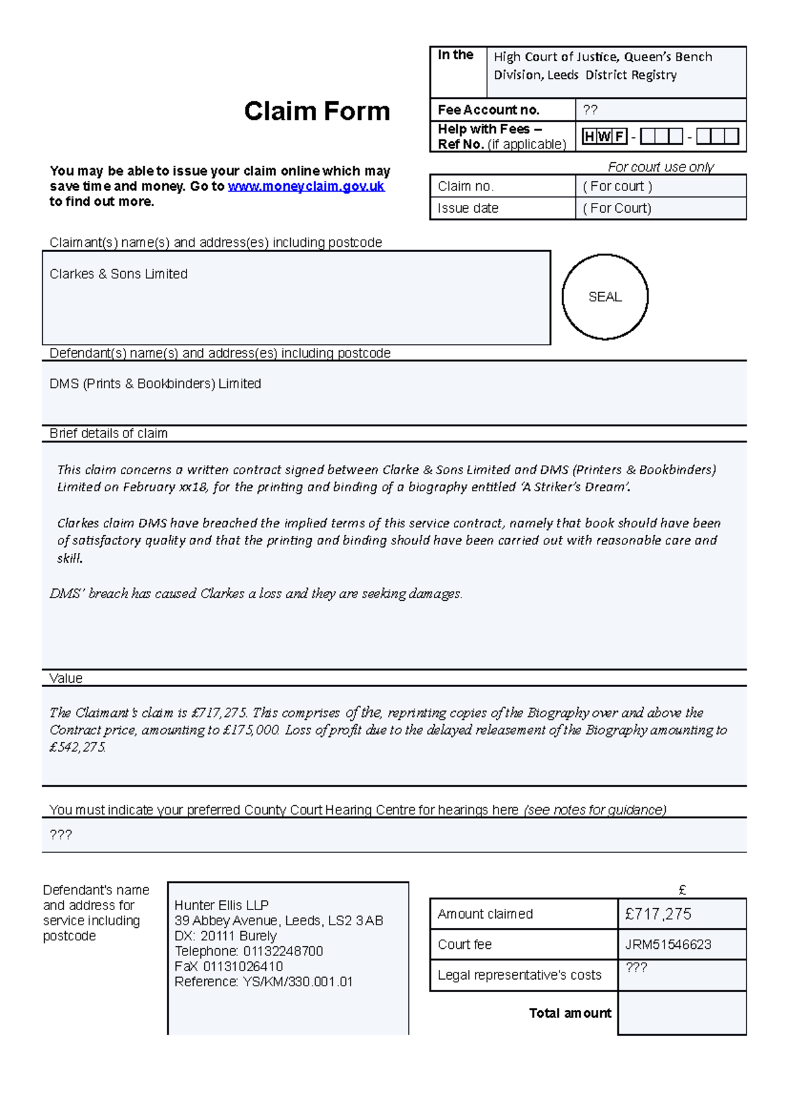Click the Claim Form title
[317, 111]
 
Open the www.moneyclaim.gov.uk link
[305, 186]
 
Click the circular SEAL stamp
[605, 297]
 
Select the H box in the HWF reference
[589, 137]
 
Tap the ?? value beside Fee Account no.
[590, 110]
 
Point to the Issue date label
[468, 208]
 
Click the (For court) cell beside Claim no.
[617, 186]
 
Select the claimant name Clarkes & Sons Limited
[118, 274]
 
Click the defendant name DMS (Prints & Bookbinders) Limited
[155, 383]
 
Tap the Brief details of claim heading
[108, 433]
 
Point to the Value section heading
[66, 678]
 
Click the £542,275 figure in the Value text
[77, 747]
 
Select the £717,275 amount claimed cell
[658, 914]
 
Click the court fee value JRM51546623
[668, 945]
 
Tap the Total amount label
[570, 1013]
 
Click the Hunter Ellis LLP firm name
[221, 905]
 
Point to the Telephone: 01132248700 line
[248, 951]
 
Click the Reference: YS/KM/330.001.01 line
[263, 982]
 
